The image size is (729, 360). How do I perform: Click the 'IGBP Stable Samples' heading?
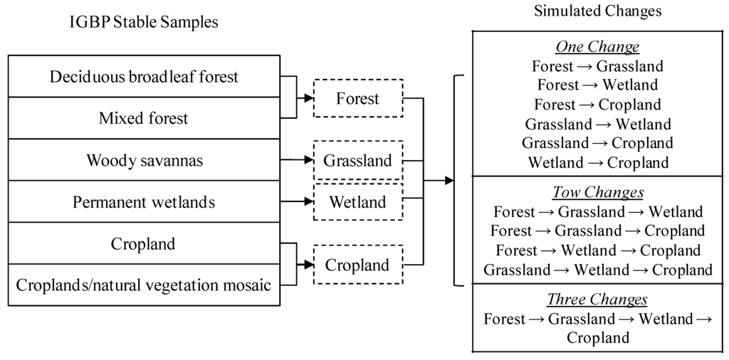[144, 22]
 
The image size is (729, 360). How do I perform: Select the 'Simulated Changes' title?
[598, 11]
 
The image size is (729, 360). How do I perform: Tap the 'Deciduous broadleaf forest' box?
[144, 76]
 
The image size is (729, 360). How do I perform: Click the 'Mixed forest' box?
[144, 118]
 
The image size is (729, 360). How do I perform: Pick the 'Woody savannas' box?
[144, 161]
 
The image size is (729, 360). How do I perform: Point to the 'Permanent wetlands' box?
[144, 202]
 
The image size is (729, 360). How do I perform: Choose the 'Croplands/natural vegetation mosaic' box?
[144, 286]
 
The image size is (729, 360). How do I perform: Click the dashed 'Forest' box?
[357, 99]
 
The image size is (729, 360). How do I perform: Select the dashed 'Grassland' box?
[357, 161]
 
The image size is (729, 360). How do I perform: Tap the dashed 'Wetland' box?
[357, 202]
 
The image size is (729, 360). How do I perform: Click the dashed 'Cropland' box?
[357, 265]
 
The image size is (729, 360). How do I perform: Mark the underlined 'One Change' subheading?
[597, 47]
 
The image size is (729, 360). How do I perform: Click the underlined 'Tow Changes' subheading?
[597, 193]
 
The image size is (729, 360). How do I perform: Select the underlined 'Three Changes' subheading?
[597, 299]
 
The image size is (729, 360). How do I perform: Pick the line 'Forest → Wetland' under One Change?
[597, 85]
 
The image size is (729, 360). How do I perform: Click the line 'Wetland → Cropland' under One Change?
[597, 162]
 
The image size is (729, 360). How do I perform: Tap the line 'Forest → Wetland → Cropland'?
[597, 250]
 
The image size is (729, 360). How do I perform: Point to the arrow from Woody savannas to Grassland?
[296, 161]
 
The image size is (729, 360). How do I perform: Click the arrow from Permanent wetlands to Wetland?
[296, 202]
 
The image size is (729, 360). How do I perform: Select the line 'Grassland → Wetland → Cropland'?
[597, 270]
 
